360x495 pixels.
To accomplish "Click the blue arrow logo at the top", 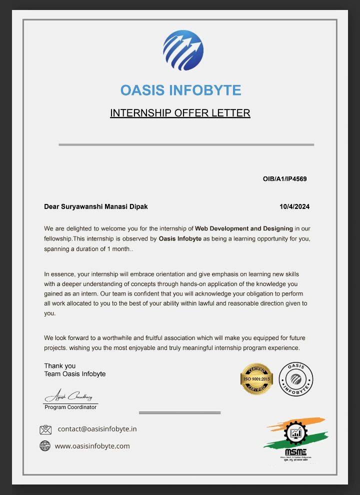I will (183, 50).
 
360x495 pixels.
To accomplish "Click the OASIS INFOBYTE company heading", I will (180, 90).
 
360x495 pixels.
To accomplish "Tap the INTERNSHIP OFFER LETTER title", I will (180, 113).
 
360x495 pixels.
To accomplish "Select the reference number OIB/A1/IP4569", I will (284, 179).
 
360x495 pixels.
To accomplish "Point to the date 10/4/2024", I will (294, 206).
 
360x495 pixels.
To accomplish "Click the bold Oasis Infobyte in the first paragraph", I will (180, 238).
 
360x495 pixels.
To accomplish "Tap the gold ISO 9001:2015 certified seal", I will (256, 378).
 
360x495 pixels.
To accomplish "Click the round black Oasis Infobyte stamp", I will (295, 378).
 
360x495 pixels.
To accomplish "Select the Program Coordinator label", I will (70, 407).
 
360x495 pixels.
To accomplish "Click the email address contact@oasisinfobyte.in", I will (97, 429).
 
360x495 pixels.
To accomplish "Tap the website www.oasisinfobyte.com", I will (92, 446).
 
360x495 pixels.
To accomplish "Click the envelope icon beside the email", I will (45, 429).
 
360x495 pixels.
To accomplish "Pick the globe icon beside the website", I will (45, 446).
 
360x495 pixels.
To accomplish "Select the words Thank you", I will (60, 366).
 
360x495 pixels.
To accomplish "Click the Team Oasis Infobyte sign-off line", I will (75, 374).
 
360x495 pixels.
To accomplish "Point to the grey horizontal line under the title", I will (186, 144).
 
